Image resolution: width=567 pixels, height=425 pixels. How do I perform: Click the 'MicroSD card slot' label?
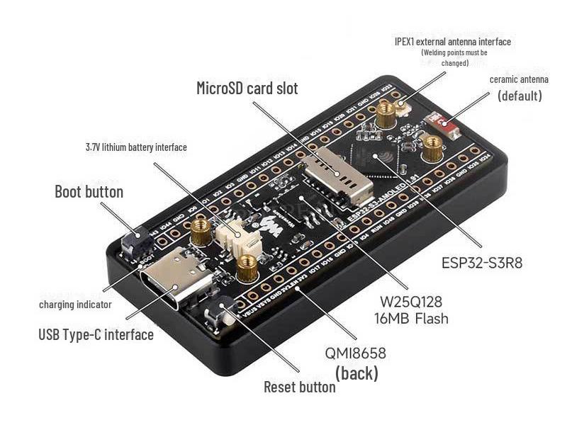pyautogui.click(x=247, y=89)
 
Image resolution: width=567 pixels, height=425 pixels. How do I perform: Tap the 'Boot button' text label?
pyautogui.click(x=89, y=192)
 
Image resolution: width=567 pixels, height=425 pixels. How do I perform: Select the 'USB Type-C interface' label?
pyautogui.click(x=96, y=334)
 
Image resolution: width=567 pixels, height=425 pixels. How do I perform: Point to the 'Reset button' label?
pyautogui.click(x=299, y=387)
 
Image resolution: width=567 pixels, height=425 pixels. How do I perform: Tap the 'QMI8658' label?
pyautogui.click(x=356, y=353)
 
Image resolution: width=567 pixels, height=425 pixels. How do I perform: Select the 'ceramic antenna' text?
pyautogui.click(x=519, y=79)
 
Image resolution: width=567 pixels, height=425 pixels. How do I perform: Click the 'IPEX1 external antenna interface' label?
pyautogui.click(x=452, y=42)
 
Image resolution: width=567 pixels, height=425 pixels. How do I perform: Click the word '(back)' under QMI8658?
pyautogui.click(x=356, y=373)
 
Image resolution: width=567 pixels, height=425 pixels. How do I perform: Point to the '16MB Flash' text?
pyautogui.click(x=411, y=318)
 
